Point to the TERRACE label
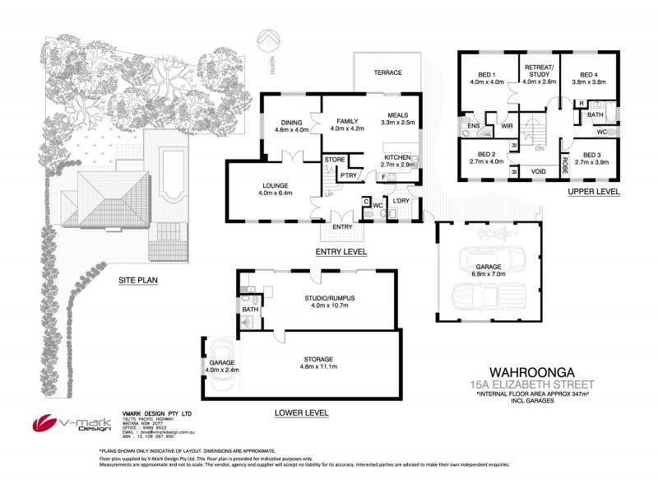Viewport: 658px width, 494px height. pyautogui.click(x=387, y=73)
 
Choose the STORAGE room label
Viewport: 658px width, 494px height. pyautogui.click(x=317, y=359)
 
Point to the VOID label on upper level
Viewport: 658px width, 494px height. pyautogui.click(x=540, y=171)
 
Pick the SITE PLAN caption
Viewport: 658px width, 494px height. pyautogui.click(x=139, y=279)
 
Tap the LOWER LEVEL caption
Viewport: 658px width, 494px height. pyautogui.click(x=302, y=412)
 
